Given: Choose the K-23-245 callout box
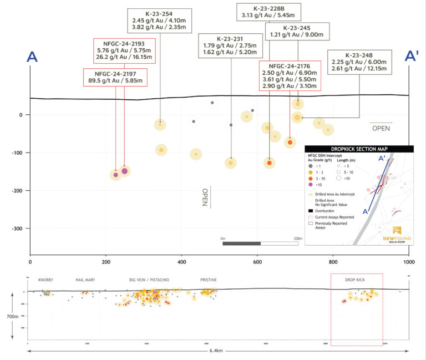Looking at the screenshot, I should click(297, 32).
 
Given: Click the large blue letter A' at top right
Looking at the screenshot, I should click(411, 57).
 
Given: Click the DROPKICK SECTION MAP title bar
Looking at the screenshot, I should click(359, 149).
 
